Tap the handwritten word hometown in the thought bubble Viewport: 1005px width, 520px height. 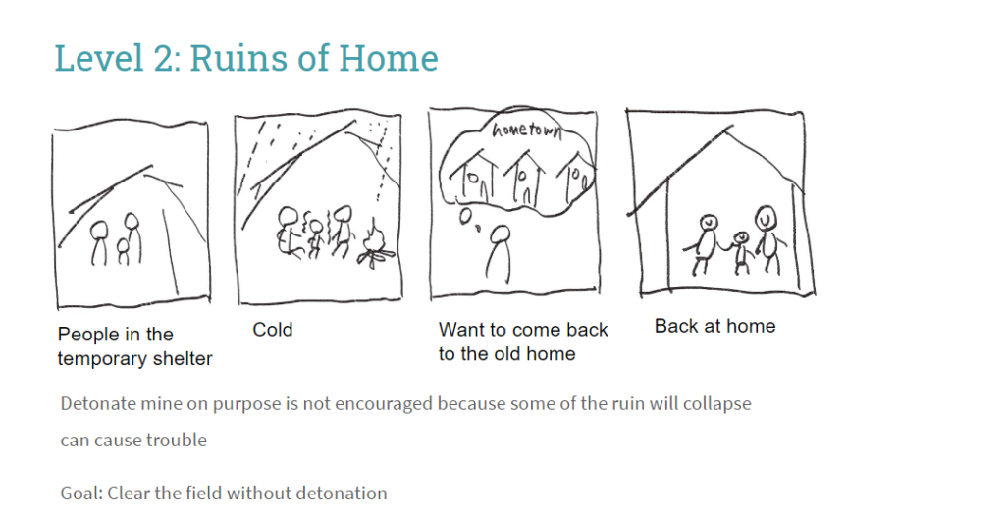point(526,130)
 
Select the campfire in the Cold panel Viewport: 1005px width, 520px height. point(376,245)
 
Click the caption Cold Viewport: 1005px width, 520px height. point(273,330)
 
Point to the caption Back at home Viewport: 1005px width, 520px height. point(714,326)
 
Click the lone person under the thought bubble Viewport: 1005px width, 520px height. point(500,253)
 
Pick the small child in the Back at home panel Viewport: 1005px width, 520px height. point(741,252)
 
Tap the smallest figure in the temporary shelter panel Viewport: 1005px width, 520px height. point(123,252)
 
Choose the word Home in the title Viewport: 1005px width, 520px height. point(389,58)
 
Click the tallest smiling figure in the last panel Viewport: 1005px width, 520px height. point(768,240)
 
